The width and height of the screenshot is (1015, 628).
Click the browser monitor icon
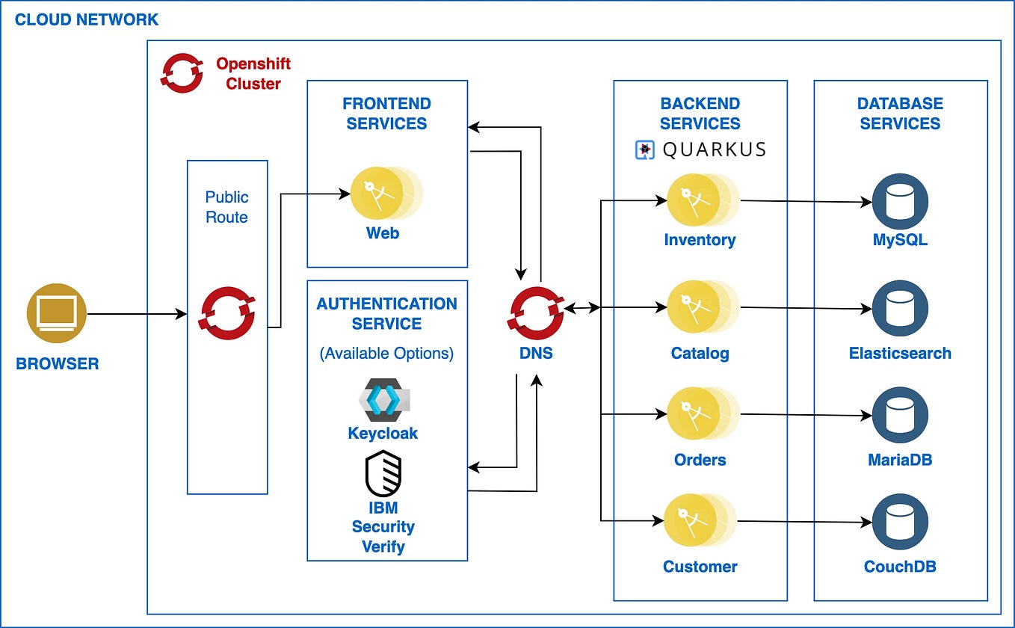point(57,314)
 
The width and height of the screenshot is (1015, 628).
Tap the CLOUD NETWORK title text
point(87,19)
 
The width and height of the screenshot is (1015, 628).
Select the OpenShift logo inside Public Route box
point(226,313)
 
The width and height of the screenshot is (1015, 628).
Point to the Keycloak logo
point(383,400)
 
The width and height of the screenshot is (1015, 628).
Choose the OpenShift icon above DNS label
point(536,308)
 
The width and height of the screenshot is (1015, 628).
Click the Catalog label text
point(700,353)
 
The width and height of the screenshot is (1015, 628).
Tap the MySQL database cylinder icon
point(900,202)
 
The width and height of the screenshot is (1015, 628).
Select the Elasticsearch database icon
point(900,308)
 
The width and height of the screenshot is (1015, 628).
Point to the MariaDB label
point(900,459)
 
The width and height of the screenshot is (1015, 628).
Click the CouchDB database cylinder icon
point(900,521)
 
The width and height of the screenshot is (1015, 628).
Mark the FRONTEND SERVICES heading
point(386,114)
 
